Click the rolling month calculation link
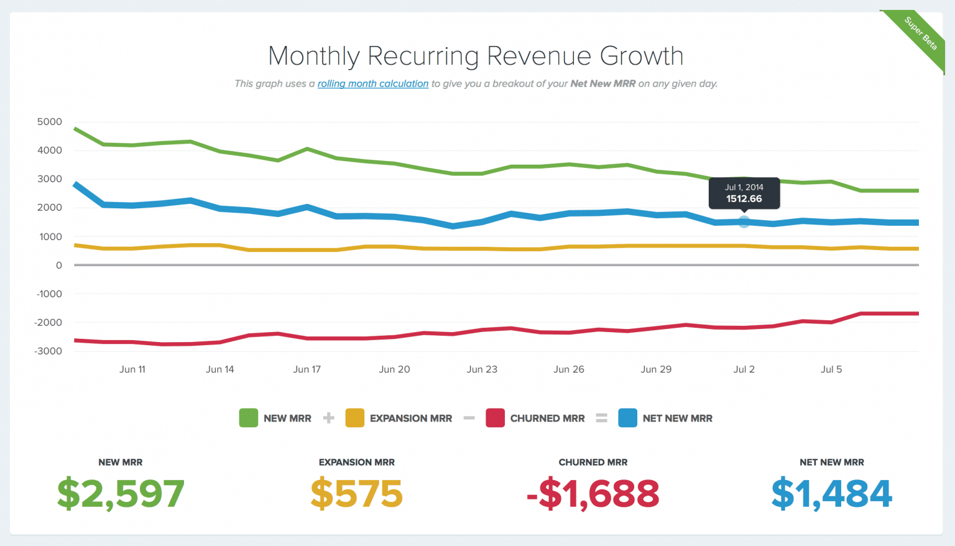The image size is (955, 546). [373, 83]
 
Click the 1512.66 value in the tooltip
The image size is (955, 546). [744, 199]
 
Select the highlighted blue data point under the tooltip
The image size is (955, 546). [744, 221]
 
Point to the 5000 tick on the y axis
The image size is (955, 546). [50, 122]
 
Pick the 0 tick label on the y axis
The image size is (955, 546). [58, 265]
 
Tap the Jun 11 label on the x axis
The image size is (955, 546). [132, 369]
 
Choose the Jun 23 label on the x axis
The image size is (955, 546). [482, 369]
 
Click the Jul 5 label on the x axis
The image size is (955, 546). [831, 369]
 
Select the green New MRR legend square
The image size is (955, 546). [248, 418]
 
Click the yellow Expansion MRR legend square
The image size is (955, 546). [354, 418]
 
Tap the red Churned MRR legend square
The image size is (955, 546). [495, 418]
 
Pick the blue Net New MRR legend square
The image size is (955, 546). [627, 418]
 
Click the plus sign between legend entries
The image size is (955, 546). [329, 418]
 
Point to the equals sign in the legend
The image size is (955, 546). [601, 418]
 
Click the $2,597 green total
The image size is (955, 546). [121, 494]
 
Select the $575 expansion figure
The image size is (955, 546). [357, 494]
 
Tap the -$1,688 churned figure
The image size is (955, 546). [593, 494]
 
